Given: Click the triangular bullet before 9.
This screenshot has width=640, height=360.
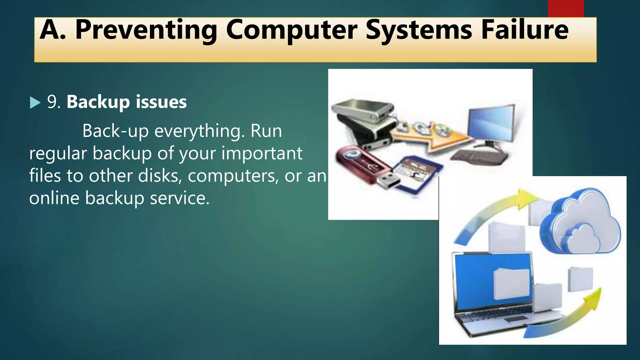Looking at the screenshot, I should point(35,102).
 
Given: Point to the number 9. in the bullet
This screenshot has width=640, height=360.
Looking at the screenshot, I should point(53,102).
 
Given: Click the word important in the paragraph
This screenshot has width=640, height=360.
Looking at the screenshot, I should point(262,153).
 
